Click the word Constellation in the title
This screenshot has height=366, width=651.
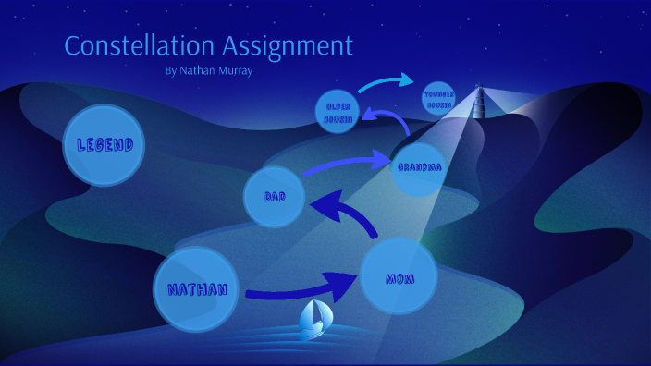135,45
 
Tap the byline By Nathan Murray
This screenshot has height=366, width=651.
207,70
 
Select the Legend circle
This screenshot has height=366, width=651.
104,145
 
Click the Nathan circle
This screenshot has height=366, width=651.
196,288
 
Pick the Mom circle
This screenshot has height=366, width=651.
399,276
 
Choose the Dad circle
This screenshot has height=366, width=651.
275,196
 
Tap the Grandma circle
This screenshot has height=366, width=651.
418,167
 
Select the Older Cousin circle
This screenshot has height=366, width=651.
336,112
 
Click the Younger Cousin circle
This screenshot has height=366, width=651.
437,99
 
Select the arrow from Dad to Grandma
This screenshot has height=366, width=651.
341,164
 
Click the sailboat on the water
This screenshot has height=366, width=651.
314,319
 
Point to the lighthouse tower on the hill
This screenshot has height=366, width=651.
479,104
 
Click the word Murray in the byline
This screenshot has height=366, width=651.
236,70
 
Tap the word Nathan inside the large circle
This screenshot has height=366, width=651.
196,289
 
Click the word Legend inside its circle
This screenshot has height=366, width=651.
104,145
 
